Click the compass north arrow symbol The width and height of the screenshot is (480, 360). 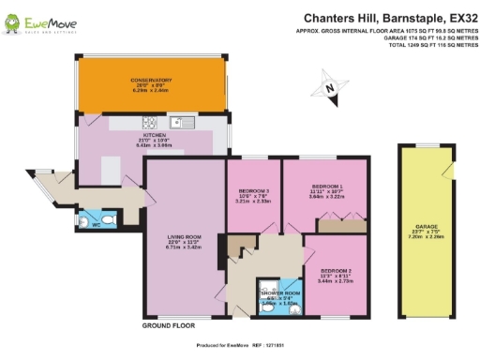point(329,90)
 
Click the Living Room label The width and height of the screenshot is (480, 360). point(180,248)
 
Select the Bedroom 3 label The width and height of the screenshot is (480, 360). point(254,196)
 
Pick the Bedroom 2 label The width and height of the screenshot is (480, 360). point(336,263)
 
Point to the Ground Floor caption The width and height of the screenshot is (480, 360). point(168,325)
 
